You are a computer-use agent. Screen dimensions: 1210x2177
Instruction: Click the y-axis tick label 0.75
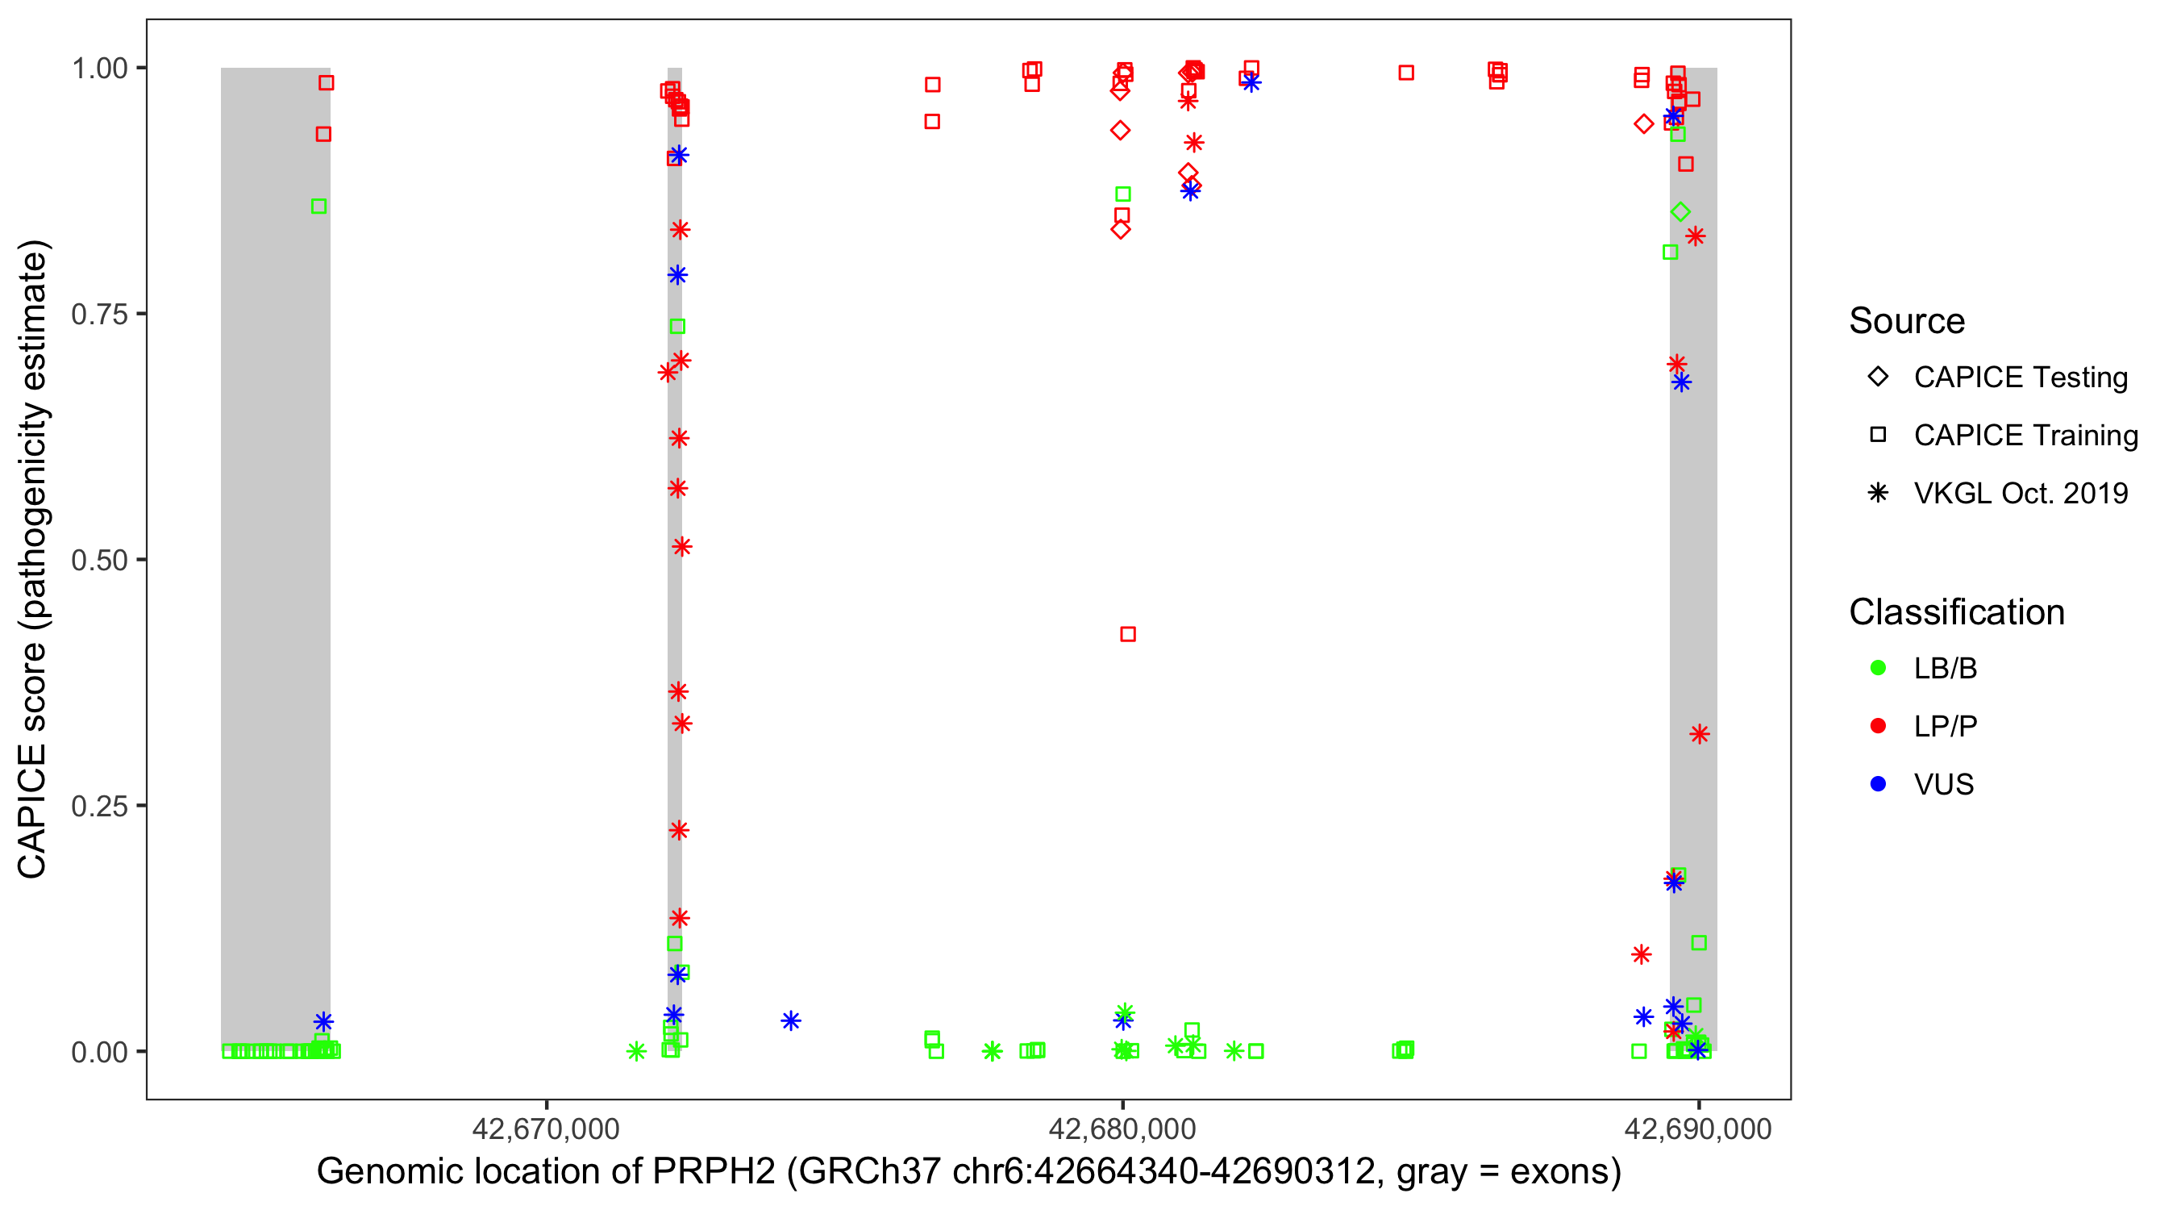pos(99,315)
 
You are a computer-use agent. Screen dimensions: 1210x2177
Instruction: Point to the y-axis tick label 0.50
pos(99,561)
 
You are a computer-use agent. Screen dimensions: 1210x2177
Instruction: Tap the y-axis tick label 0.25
pos(99,806)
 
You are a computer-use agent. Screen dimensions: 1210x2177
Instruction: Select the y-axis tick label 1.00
pos(99,69)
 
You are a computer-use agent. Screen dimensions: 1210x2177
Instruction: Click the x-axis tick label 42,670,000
pos(546,1129)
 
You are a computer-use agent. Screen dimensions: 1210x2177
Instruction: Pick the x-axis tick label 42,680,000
pos(1122,1129)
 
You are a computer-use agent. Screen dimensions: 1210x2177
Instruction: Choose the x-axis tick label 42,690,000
pos(1698,1129)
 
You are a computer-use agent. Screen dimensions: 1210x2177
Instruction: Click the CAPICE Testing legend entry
pos(2020,378)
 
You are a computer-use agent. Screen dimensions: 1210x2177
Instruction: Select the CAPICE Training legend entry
pos(2025,436)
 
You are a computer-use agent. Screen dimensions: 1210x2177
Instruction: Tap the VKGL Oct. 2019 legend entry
pos(2020,493)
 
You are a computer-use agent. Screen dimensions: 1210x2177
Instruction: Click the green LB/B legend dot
pos(1878,668)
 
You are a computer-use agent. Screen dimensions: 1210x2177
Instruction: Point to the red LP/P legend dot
pos(1878,726)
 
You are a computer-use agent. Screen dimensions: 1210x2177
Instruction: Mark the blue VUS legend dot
pos(1878,784)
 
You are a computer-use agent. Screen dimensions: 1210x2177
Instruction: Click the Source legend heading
pos(1907,321)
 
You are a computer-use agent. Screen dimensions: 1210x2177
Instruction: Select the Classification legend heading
pos(1956,612)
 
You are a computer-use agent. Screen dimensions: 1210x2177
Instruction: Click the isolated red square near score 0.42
pos(1127,634)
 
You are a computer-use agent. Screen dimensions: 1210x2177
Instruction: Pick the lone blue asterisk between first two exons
pos(790,1021)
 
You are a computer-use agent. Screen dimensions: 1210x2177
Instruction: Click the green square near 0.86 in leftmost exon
pos(318,207)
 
